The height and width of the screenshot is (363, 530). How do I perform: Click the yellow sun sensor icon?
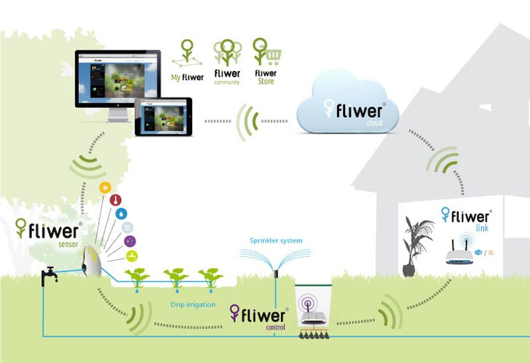(105, 188)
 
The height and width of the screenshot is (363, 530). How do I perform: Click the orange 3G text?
(494, 253)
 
